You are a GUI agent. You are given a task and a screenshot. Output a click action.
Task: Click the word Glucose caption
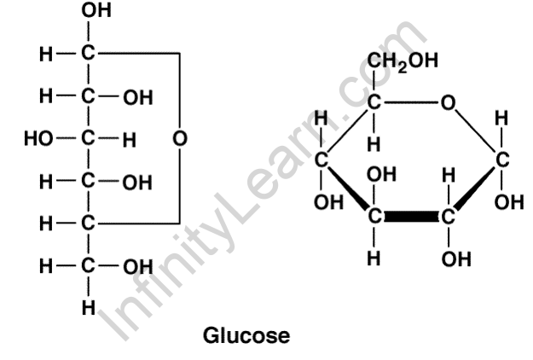[247, 335]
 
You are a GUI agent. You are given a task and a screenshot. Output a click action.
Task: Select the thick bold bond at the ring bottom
[412, 216]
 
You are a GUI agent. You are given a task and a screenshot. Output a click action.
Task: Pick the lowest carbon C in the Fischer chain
[89, 268]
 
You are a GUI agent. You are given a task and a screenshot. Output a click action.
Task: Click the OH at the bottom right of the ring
[449, 258]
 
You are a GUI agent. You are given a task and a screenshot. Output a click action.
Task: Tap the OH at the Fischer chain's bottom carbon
[138, 268]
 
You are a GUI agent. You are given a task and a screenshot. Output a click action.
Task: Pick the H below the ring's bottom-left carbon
[374, 258]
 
